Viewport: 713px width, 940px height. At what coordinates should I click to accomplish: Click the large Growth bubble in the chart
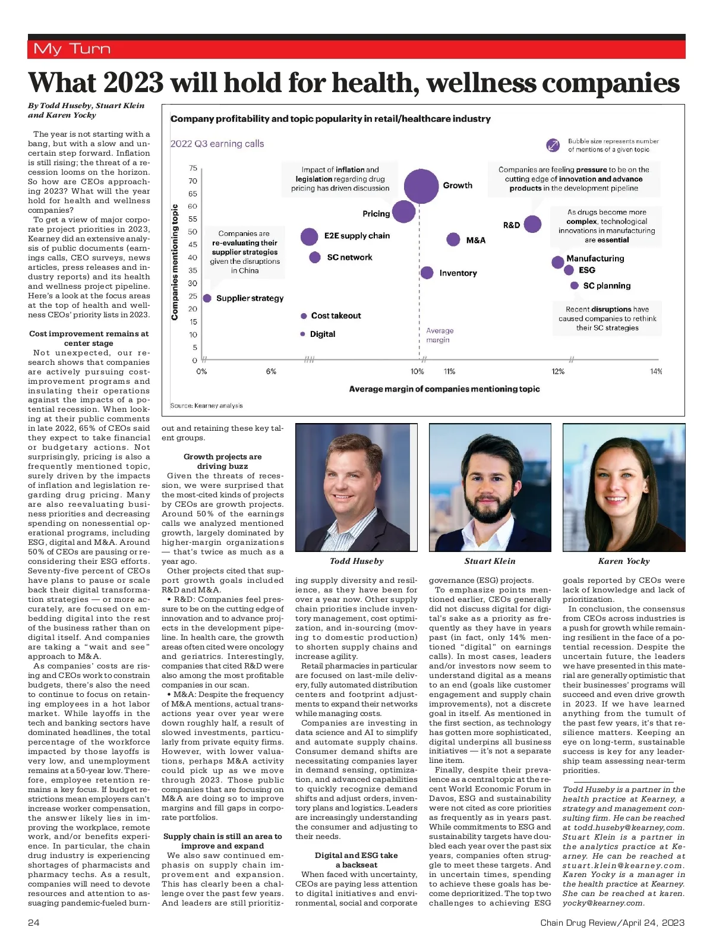tap(421, 185)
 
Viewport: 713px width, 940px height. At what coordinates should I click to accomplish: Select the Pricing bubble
tap(404, 212)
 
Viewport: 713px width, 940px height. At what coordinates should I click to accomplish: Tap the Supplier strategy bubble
tap(207, 298)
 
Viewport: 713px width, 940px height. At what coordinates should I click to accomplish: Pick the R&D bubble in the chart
tap(532, 224)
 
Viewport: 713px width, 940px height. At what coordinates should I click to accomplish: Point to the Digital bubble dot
tap(303, 334)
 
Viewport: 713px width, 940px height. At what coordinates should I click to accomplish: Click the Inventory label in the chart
tap(458, 273)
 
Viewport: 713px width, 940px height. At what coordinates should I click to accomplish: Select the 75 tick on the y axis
tap(193, 168)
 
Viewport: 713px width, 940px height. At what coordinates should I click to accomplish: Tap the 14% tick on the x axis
tap(655, 371)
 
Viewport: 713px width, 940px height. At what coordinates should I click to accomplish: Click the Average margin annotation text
tap(440, 335)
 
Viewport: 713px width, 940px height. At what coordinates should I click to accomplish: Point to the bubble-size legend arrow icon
tap(553, 145)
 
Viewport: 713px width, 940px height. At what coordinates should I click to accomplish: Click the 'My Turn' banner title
tap(72, 49)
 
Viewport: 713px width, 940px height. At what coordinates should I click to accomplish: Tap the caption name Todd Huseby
tap(356, 561)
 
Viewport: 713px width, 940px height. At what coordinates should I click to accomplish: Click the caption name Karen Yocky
tap(624, 561)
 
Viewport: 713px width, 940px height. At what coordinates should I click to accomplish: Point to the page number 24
tap(33, 923)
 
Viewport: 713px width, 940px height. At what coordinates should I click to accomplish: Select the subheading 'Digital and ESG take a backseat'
tap(356, 860)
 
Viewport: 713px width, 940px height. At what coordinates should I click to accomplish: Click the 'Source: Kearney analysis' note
tap(206, 406)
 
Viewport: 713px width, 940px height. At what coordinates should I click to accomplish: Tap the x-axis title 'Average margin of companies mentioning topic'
tap(444, 389)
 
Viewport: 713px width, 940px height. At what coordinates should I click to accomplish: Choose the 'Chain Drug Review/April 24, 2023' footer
tap(612, 923)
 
